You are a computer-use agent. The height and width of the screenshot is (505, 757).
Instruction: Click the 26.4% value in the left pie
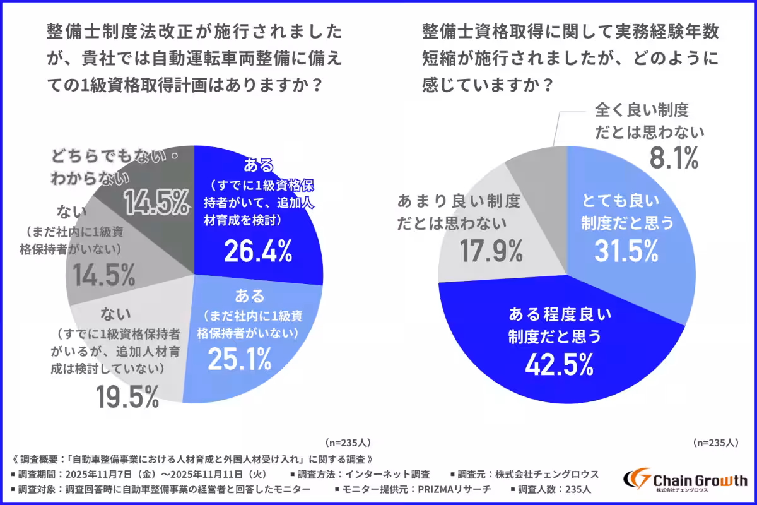point(258,252)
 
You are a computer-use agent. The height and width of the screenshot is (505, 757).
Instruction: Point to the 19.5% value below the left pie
point(127,396)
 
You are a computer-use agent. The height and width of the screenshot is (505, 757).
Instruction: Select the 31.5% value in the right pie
point(626,251)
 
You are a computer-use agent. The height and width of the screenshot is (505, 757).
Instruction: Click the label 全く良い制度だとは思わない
point(648,121)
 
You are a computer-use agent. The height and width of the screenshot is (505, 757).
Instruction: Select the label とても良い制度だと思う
point(626,212)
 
